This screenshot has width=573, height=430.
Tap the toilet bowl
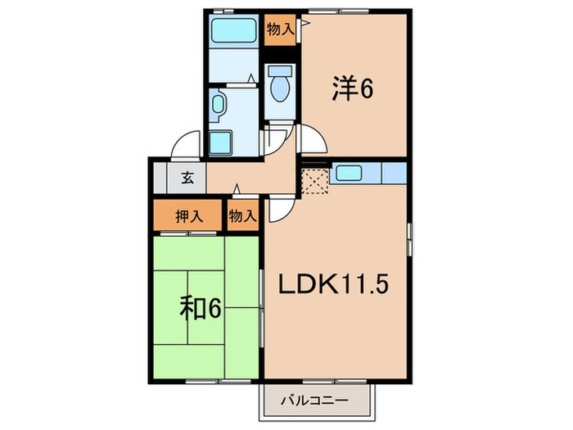[279, 86]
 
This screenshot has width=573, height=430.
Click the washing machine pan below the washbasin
[222, 141]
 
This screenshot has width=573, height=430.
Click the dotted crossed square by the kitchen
[314, 179]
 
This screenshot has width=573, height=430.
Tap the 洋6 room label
[352, 88]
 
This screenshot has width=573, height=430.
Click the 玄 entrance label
[187, 177]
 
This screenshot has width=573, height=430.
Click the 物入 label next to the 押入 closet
[242, 217]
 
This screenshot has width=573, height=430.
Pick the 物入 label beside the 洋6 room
[280, 30]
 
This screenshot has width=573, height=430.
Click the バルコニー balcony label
[315, 401]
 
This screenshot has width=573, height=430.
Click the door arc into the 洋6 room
[311, 139]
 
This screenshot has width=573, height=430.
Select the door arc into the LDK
[278, 209]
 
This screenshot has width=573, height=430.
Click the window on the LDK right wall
[408, 238]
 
